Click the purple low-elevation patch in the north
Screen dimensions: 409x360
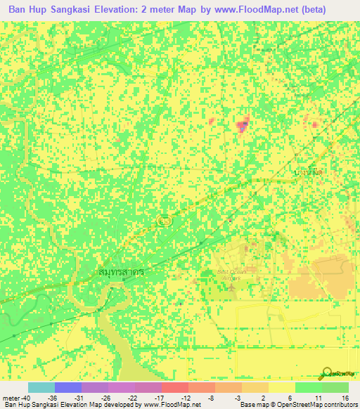tap(243, 126)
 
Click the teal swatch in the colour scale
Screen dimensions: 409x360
tap(41, 387)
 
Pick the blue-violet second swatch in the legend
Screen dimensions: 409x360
tap(67, 387)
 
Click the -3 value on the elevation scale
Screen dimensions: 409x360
tap(238, 397)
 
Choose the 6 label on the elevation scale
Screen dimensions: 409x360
tap(290, 397)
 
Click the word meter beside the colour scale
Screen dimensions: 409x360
tap(9, 397)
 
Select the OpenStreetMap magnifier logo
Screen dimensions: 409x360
tap(328, 373)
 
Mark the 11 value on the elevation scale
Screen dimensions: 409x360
tap(318, 397)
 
